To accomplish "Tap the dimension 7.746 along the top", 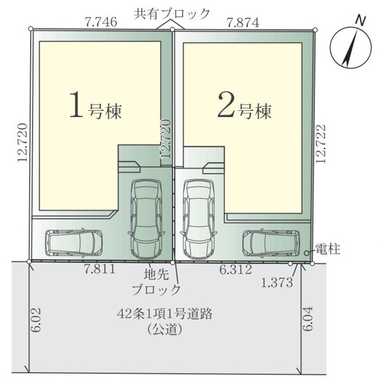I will coord(100,22).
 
